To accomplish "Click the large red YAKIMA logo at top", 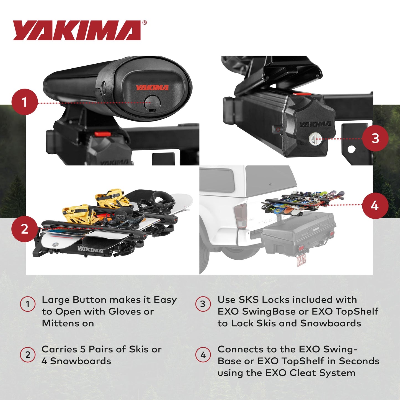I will (x=77, y=30).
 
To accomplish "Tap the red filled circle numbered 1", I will (x=25, y=102).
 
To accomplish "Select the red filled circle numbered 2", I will (x=25, y=229).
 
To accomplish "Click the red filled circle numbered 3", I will (x=375, y=138).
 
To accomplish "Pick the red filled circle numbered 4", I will (x=375, y=206).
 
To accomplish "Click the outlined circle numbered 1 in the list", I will (x=28, y=304).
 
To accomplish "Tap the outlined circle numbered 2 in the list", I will (x=28, y=355).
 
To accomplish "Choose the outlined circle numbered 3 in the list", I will (x=203, y=304).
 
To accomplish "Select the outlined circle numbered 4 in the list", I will (x=203, y=355).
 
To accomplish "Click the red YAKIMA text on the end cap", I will (x=152, y=88).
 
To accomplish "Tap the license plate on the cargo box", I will (x=301, y=260).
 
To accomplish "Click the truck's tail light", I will (x=241, y=216).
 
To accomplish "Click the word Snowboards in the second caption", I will (x=81, y=361).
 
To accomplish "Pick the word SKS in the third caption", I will (x=249, y=300).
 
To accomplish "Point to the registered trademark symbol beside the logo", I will (x=144, y=23).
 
